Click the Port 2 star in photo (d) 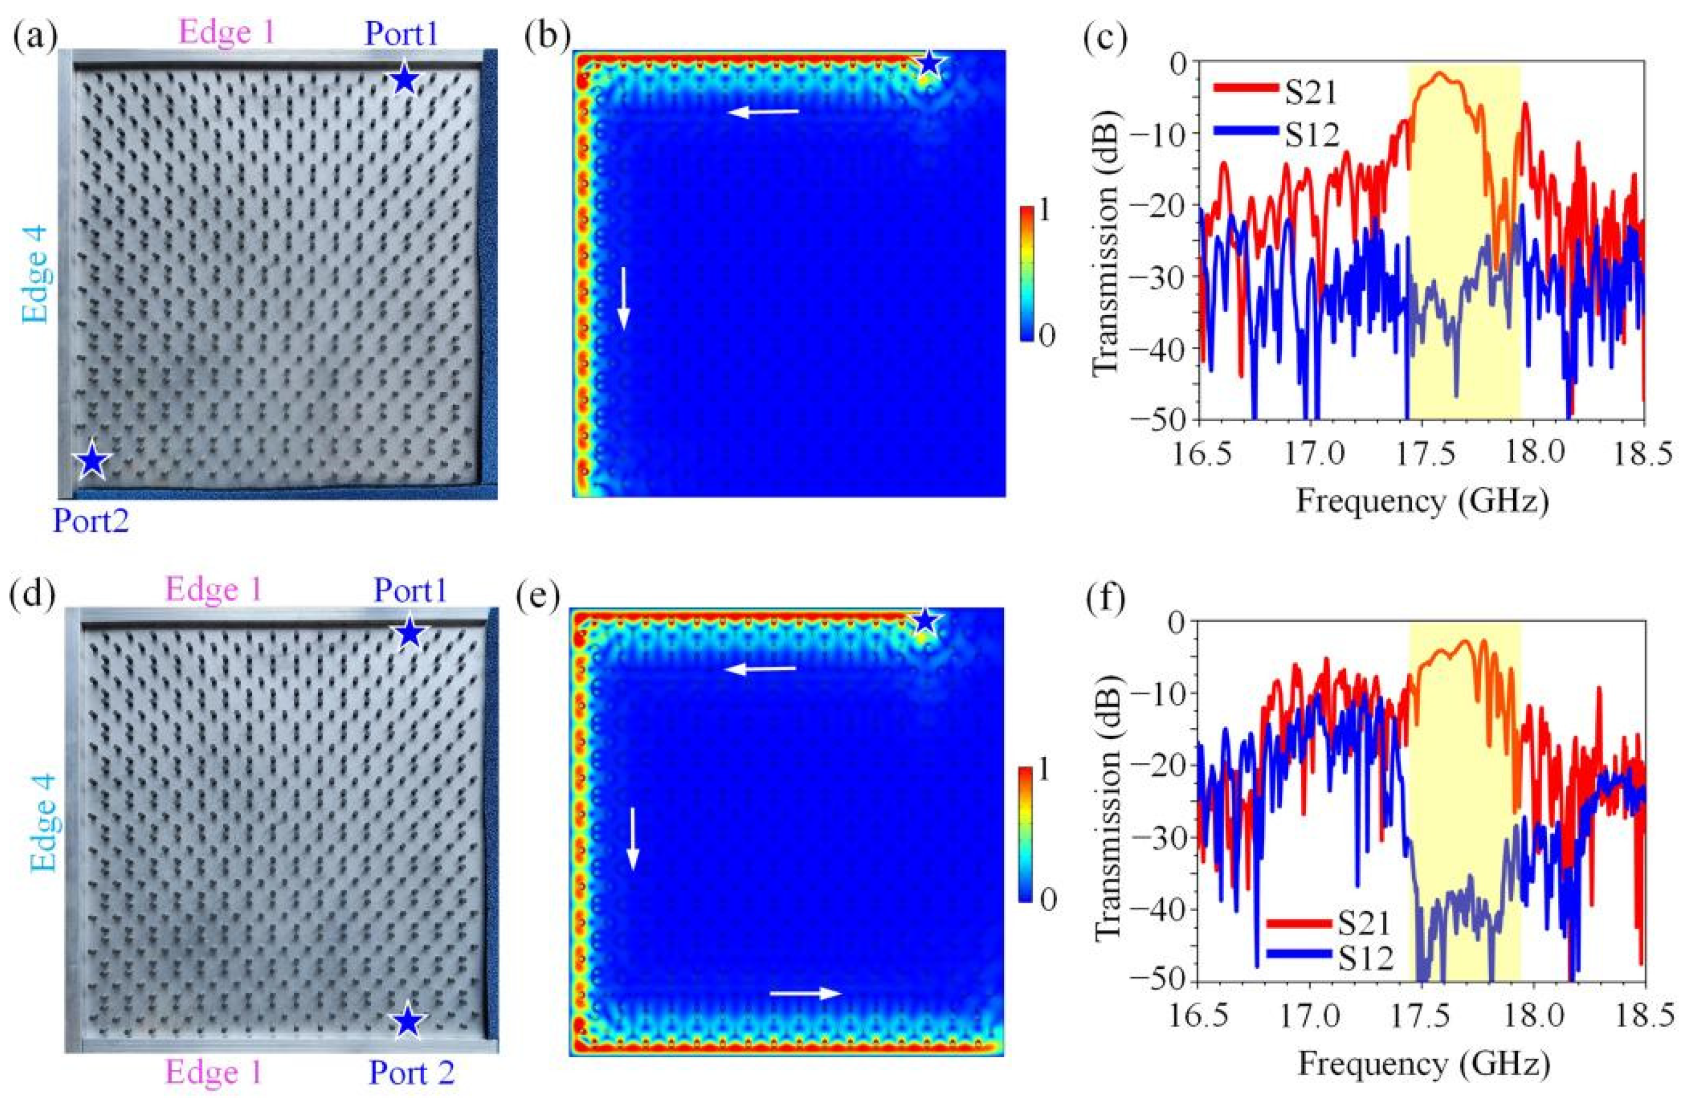point(406,1021)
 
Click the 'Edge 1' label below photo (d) point(214,1073)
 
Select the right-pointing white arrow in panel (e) point(806,993)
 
